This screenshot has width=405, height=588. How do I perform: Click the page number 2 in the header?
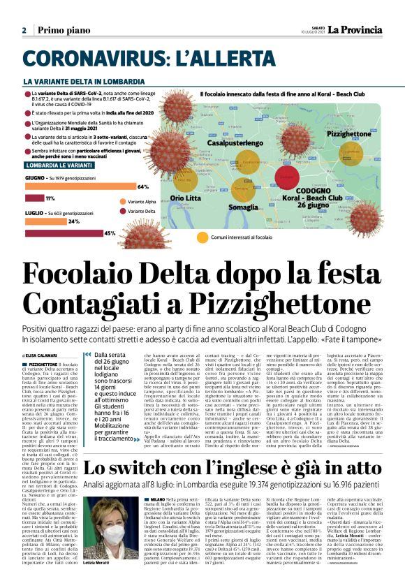24,30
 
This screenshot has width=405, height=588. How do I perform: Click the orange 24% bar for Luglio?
45,221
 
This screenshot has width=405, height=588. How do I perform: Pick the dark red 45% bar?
64,233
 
